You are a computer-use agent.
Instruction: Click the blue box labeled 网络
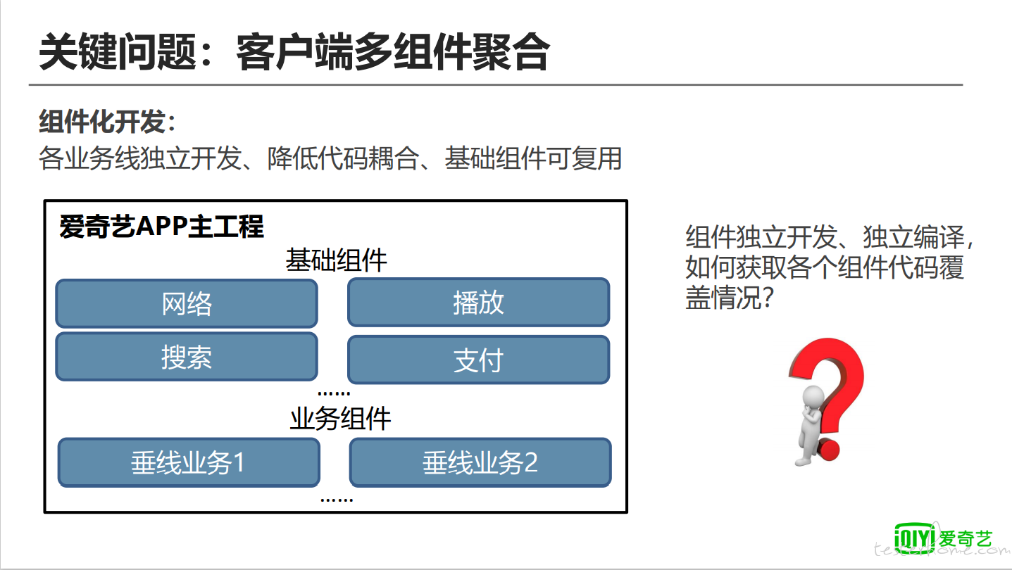(187, 303)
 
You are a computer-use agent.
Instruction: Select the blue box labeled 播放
(478, 302)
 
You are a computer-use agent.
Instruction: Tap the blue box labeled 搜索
(187, 357)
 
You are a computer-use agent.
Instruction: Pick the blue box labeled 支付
(478, 360)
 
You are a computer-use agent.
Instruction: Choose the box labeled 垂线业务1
(189, 462)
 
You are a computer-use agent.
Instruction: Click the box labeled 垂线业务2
(480, 462)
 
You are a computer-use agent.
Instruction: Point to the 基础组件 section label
(336, 260)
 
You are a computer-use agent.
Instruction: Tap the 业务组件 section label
(340, 419)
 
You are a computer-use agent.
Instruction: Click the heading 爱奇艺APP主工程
(161, 226)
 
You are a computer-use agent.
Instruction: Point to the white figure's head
(813, 398)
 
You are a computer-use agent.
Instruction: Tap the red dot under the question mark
(828, 448)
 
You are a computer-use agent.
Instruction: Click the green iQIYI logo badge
(914, 538)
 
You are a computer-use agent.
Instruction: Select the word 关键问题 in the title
(118, 52)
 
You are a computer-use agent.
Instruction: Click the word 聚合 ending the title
(511, 52)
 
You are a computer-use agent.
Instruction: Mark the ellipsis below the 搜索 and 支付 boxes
(334, 393)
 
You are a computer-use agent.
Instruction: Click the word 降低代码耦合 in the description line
(343, 158)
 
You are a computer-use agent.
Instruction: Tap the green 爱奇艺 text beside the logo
(966, 539)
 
